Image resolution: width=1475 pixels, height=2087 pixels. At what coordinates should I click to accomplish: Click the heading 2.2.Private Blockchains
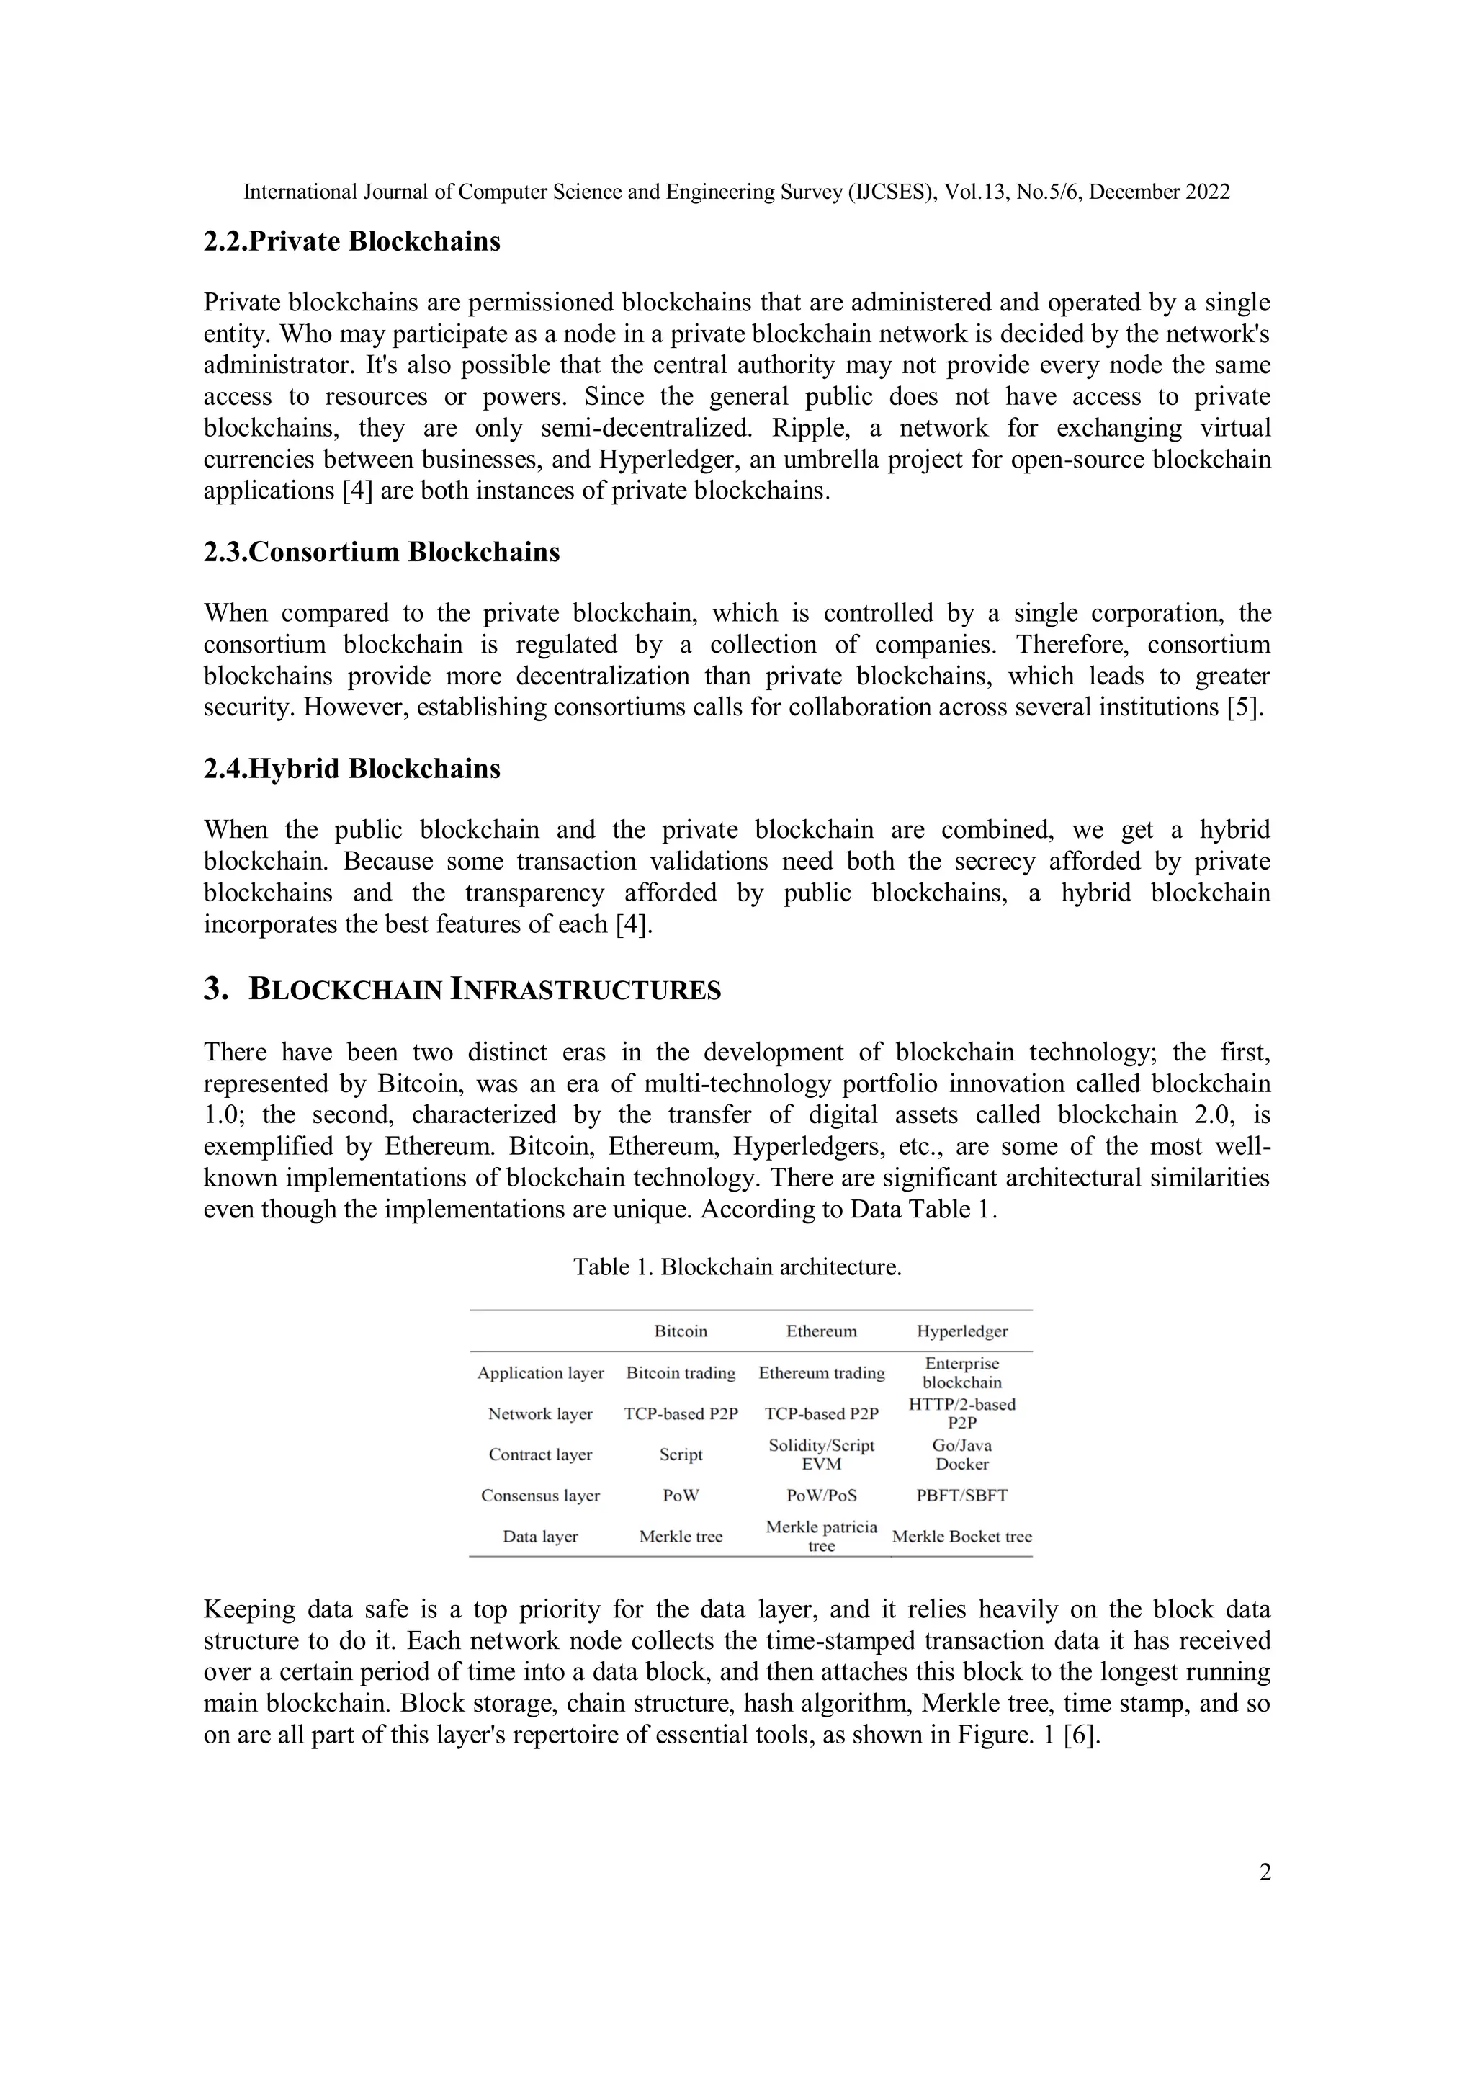pos(351,242)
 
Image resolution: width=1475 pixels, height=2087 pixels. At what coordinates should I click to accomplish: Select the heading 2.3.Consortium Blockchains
pos(382,552)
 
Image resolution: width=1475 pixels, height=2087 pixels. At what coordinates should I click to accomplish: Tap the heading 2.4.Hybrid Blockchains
pos(351,768)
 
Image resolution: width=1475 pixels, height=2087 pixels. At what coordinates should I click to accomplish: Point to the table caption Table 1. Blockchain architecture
pos(737,1266)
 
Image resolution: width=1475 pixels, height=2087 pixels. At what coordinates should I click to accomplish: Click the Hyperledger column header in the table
pos(961,1331)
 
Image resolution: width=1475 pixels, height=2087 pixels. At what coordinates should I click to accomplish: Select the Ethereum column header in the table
pos(822,1331)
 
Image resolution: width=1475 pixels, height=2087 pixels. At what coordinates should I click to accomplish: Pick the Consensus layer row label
pos(540,1496)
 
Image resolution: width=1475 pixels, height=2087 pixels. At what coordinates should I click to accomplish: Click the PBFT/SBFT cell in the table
pos(961,1496)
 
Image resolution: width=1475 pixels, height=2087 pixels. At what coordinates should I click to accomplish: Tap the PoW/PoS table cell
pos(822,1496)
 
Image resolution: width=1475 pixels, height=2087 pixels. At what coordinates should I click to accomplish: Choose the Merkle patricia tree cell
pos(822,1536)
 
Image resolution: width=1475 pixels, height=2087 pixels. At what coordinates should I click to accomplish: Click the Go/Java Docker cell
pos(961,1454)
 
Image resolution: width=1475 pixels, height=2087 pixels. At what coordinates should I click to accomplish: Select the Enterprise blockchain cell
pos(961,1372)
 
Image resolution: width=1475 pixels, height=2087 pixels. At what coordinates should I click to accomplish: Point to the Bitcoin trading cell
pos(681,1372)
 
